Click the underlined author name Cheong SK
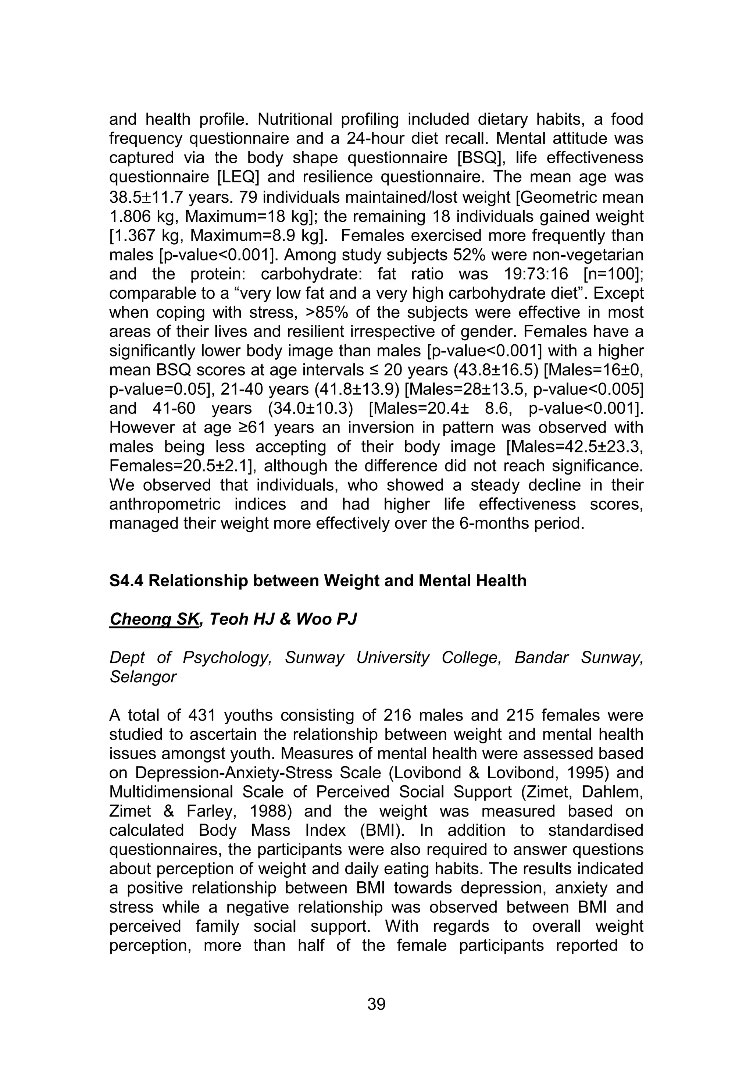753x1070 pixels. coord(154,619)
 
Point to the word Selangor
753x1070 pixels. coord(143,677)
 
